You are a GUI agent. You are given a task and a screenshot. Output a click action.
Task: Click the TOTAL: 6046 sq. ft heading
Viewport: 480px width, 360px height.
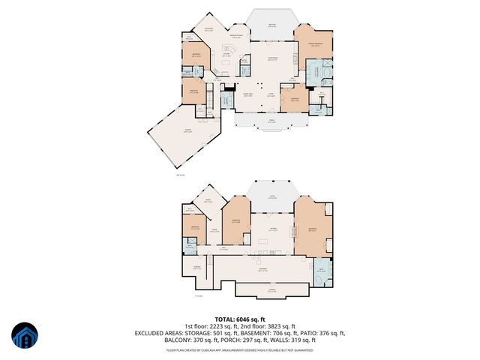(239, 319)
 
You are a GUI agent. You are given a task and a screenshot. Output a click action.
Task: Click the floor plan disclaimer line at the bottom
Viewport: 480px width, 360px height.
(239, 349)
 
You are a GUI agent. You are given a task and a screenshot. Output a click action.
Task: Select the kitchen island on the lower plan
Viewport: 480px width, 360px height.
(266, 241)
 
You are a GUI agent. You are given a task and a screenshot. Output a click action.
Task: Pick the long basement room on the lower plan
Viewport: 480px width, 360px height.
(262, 270)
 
